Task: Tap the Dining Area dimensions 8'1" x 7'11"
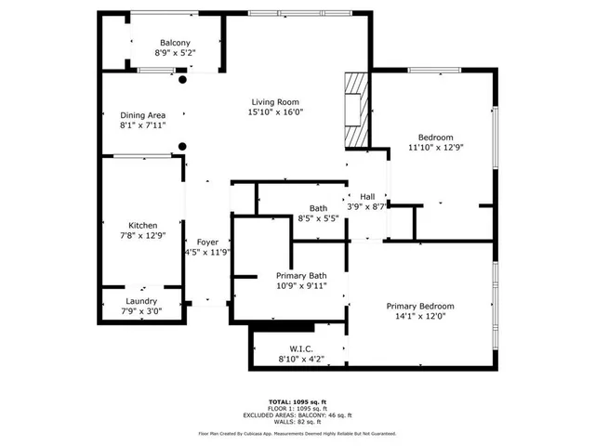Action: [142, 125]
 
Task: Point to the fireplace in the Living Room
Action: [354, 109]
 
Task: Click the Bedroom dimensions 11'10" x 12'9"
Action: [435, 146]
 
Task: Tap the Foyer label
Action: [206, 242]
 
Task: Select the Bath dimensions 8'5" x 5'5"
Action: [318, 218]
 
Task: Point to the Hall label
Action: [367, 197]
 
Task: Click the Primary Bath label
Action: [301, 275]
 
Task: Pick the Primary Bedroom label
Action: [420, 307]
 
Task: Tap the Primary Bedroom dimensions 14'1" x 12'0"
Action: [420, 316]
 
